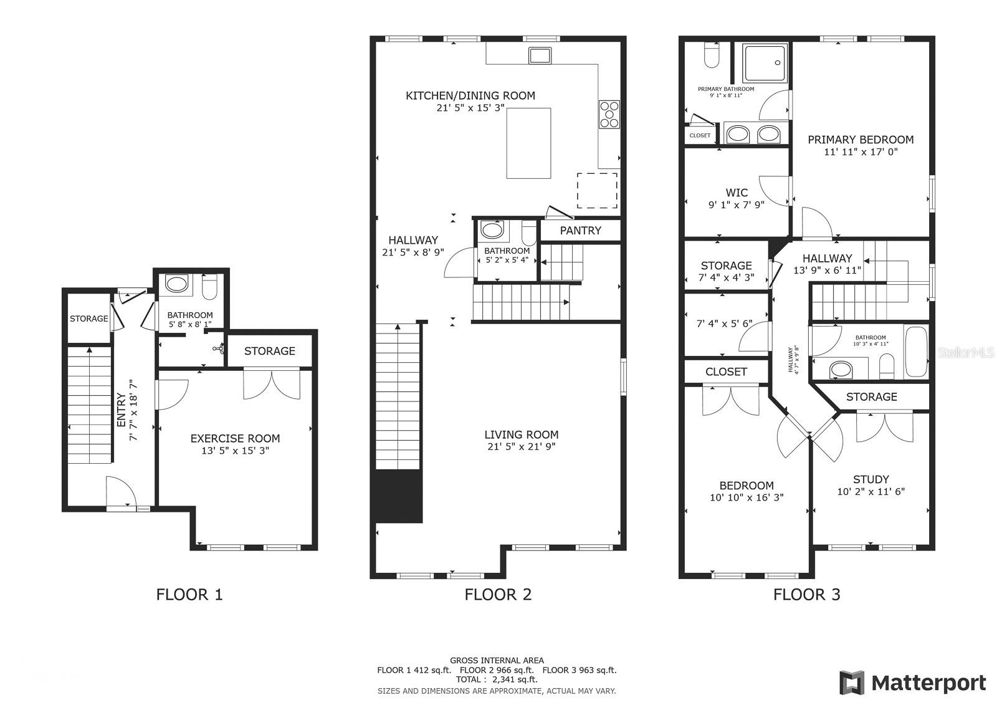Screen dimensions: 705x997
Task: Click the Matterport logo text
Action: point(928,683)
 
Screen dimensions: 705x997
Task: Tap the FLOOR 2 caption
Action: point(498,595)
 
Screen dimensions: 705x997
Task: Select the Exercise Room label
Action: point(235,439)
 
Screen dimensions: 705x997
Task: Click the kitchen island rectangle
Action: point(528,143)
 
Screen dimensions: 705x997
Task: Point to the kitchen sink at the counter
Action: point(540,55)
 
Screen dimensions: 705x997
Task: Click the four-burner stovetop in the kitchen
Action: point(609,115)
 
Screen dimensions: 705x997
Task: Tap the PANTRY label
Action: point(580,231)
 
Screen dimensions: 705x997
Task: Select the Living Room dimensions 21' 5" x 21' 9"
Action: point(521,447)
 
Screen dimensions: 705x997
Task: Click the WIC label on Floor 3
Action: point(737,193)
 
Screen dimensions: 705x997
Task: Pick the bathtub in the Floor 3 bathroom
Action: point(917,352)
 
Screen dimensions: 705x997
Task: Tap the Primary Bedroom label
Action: point(861,140)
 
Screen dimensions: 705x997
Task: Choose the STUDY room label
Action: point(871,479)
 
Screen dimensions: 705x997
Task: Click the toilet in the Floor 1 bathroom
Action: point(209,287)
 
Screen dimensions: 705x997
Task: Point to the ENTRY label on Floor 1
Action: point(122,410)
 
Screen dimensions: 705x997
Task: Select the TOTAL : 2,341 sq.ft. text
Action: point(497,680)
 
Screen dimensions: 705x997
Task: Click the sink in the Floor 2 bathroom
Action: point(492,231)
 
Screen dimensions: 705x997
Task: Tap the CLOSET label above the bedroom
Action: point(726,372)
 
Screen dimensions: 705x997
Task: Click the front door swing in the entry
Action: point(120,492)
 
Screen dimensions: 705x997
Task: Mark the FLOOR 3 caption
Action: point(806,595)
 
